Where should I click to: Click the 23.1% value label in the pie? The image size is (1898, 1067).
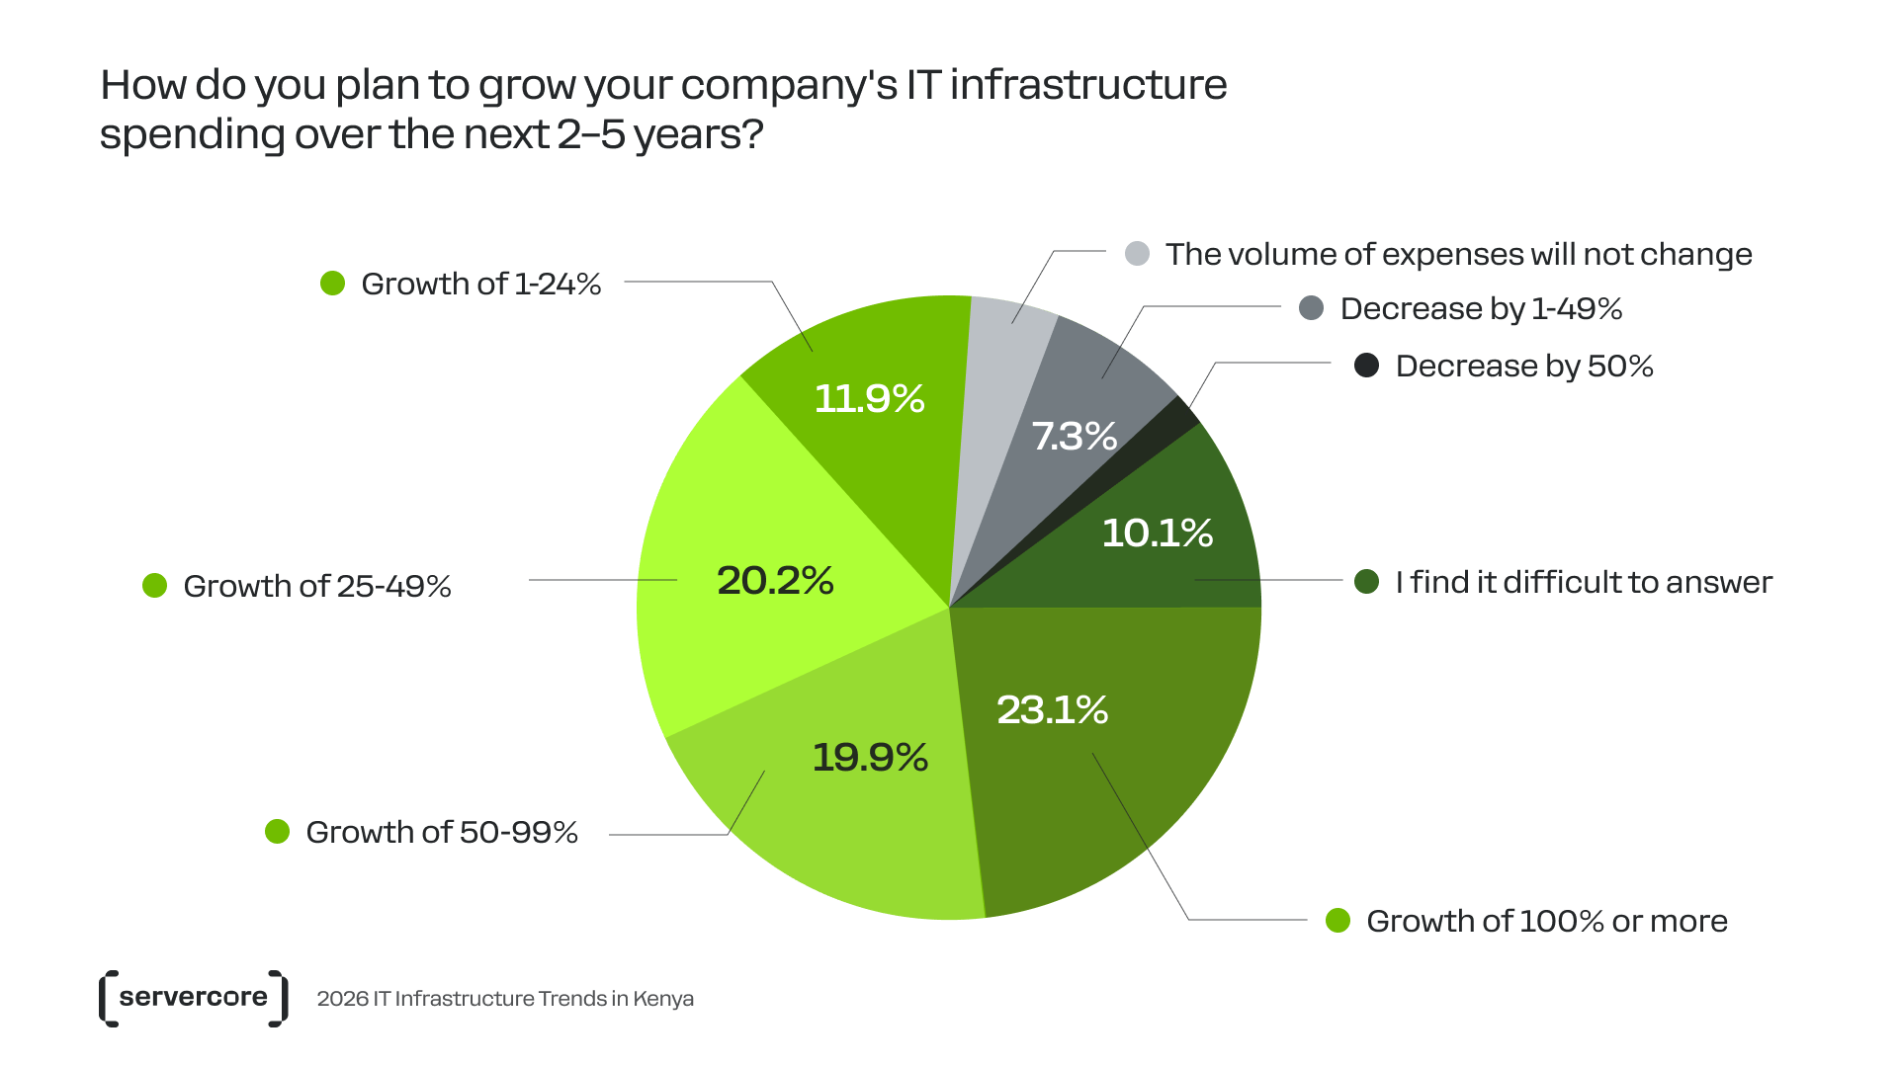[1052, 709]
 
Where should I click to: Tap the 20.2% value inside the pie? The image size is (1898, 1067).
[775, 580]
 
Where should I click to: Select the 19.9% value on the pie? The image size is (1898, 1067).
[870, 758]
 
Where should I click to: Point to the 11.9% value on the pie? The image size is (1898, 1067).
[869, 399]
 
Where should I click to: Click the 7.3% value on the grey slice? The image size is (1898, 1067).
[1074, 436]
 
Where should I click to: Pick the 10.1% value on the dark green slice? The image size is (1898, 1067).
[1157, 533]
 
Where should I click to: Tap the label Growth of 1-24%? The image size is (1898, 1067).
[480, 285]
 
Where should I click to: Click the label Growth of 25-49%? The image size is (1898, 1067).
[316, 586]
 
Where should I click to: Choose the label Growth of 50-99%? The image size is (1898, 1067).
[441, 832]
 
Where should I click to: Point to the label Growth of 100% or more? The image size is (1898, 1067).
[1546, 921]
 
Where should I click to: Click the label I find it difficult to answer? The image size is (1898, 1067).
[1583, 582]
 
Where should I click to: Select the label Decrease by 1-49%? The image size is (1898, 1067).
[1481, 308]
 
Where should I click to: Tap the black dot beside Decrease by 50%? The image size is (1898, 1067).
[1366, 366]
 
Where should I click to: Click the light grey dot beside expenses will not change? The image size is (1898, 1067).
[1137, 254]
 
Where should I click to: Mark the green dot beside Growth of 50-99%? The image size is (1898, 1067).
[277, 832]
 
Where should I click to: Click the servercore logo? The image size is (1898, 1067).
[194, 998]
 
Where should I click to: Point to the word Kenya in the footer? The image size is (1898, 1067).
[662, 999]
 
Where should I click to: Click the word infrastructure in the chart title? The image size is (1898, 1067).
[1087, 85]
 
